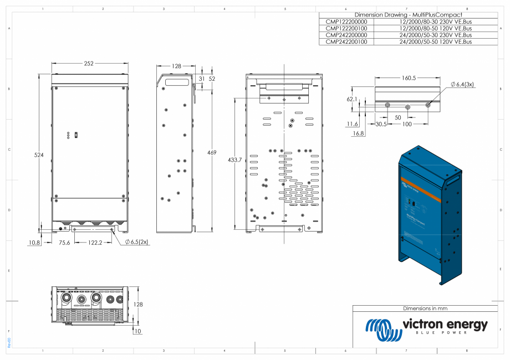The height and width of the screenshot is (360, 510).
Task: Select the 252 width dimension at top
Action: [89, 64]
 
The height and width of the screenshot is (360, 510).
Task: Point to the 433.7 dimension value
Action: [235, 160]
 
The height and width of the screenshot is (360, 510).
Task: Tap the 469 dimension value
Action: [212, 152]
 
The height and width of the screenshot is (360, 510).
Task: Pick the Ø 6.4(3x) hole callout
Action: [463, 84]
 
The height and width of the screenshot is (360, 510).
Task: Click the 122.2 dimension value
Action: [93, 242]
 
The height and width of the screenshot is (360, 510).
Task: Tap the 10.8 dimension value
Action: [34, 242]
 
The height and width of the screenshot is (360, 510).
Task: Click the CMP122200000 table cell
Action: [346, 22]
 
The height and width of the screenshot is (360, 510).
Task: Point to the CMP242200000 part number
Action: [346, 35]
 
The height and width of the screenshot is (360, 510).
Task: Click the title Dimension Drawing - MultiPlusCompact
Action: [407, 14]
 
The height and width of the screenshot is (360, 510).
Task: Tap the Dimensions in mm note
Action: [425, 308]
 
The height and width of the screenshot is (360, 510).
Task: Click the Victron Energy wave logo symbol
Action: [383, 330]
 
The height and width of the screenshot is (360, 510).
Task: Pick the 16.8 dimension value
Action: [358, 133]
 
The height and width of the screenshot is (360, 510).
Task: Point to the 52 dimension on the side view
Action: [212, 79]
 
